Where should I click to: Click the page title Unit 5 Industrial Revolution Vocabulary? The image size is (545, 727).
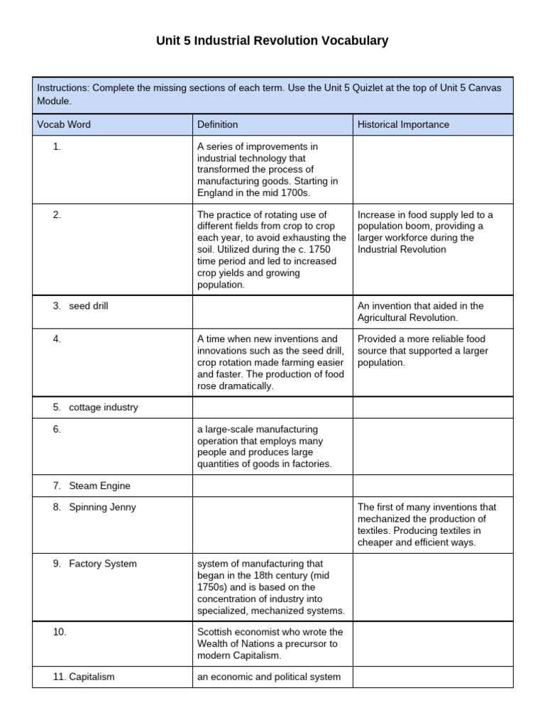click(x=272, y=41)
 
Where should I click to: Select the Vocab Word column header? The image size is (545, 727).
click(x=64, y=124)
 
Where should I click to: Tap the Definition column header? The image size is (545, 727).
click(x=218, y=124)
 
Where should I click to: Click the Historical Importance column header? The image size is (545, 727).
click(x=403, y=124)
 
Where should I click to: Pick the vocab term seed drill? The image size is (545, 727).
click(x=89, y=306)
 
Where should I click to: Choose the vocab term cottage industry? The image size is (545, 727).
click(x=104, y=408)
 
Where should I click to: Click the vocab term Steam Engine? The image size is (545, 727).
click(x=99, y=486)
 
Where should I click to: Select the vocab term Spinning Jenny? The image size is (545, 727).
click(x=102, y=508)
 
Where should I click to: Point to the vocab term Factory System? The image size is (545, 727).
click(x=103, y=564)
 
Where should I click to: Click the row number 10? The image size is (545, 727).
click(x=60, y=632)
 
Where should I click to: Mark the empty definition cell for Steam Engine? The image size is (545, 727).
click(x=272, y=486)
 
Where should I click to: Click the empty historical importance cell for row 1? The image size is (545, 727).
click(x=433, y=170)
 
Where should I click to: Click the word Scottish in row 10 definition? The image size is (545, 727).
click(x=215, y=632)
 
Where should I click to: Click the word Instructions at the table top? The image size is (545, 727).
click(x=63, y=89)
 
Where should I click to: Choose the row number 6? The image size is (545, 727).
click(x=57, y=430)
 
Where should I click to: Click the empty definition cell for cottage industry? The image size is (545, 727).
click(x=272, y=408)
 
